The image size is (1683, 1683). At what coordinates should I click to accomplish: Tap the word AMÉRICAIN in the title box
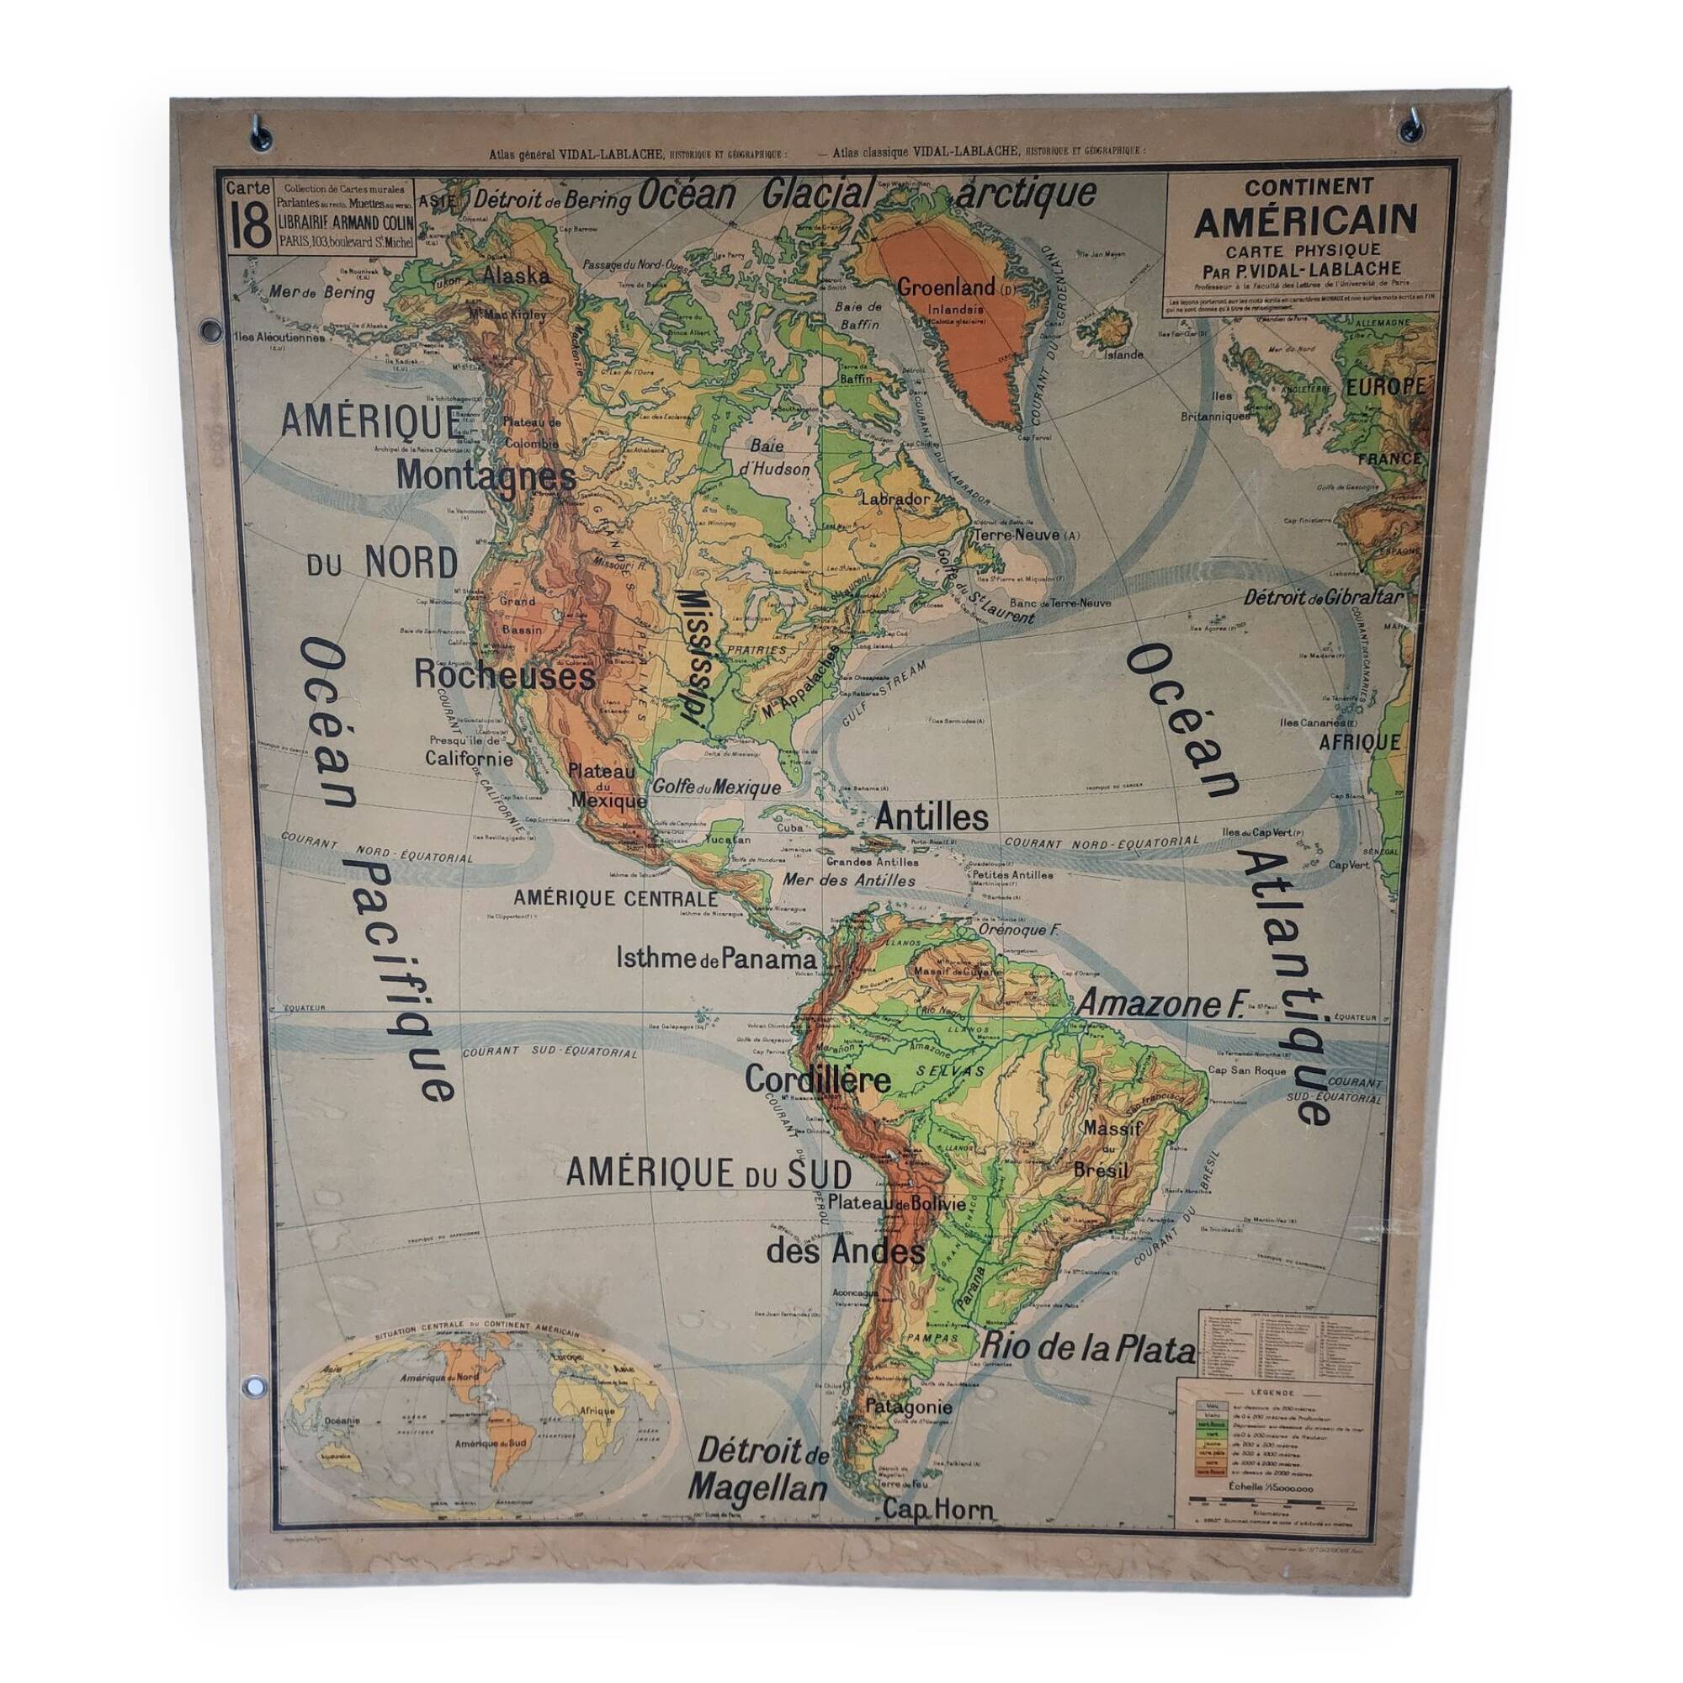[x=1305, y=221]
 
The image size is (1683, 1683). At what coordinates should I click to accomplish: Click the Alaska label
[x=516, y=276]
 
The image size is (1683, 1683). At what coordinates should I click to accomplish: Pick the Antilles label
[x=932, y=817]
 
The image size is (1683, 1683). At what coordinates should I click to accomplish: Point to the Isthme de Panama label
[x=717, y=959]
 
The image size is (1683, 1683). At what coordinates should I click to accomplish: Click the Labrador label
[x=895, y=500]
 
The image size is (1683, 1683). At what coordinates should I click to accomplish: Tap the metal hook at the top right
[x=1410, y=130]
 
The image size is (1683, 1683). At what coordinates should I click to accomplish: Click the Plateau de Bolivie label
[x=896, y=1205]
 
